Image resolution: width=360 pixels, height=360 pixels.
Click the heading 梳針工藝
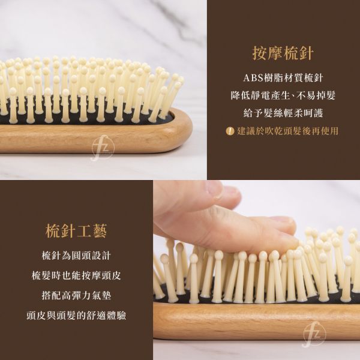pyautogui.click(x=77, y=231)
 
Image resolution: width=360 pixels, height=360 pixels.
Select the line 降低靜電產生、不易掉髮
pyautogui.click(x=283, y=97)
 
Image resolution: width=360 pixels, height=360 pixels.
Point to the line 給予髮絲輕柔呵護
pyautogui.click(x=283, y=113)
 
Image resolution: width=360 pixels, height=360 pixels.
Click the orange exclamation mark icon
pyautogui.click(x=229, y=131)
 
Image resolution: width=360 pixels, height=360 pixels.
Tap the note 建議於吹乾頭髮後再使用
pyautogui.click(x=287, y=131)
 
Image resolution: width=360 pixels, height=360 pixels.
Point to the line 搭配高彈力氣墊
pyautogui.click(x=76, y=295)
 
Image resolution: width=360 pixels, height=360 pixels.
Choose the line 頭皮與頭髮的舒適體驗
pyautogui.click(x=76, y=316)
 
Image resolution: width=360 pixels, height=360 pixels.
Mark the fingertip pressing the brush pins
pyautogui.click(x=282, y=240)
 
